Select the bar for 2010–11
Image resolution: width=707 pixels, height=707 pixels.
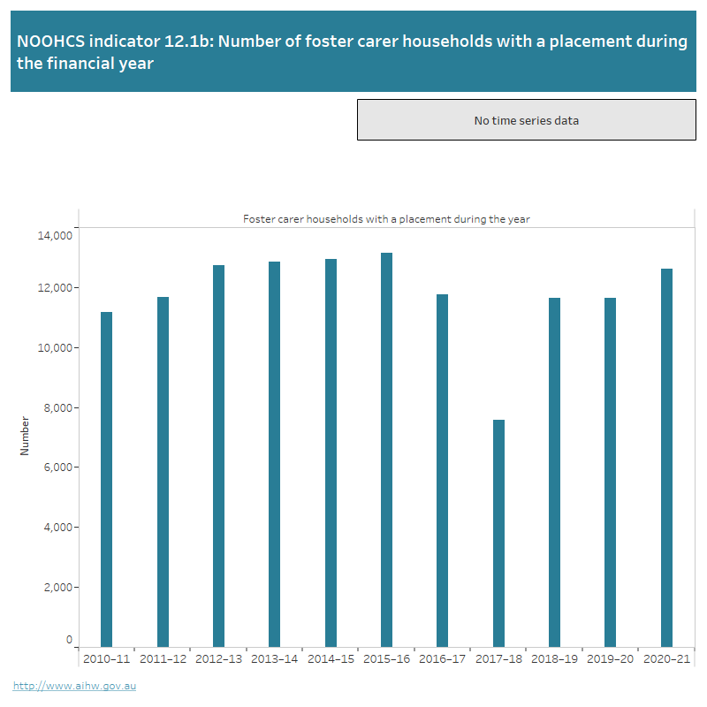point(106,479)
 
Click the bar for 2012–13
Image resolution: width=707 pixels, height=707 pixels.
point(218,456)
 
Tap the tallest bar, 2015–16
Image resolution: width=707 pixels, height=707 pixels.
point(386,450)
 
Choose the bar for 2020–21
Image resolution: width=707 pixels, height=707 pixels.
point(667,458)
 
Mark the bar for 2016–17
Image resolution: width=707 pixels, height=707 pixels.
point(442,470)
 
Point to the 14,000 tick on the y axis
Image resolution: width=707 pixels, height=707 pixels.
point(55,235)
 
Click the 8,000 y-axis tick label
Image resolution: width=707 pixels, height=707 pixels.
point(57,407)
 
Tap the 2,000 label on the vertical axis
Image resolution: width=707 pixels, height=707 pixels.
point(57,587)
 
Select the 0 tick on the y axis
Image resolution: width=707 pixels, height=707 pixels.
point(69,639)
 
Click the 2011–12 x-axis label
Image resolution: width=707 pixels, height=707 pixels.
point(163,659)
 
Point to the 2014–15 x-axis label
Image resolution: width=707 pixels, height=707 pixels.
point(331,659)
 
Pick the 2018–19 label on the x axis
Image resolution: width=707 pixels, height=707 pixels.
point(554,659)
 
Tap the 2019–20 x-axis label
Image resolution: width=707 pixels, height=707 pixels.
point(611,659)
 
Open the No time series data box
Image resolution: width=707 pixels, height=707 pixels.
point(526,120)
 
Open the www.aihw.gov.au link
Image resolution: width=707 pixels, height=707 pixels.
point(74,685)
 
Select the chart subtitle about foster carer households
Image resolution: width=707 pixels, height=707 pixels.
point(386,218)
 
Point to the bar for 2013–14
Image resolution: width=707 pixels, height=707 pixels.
point(274,454)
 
